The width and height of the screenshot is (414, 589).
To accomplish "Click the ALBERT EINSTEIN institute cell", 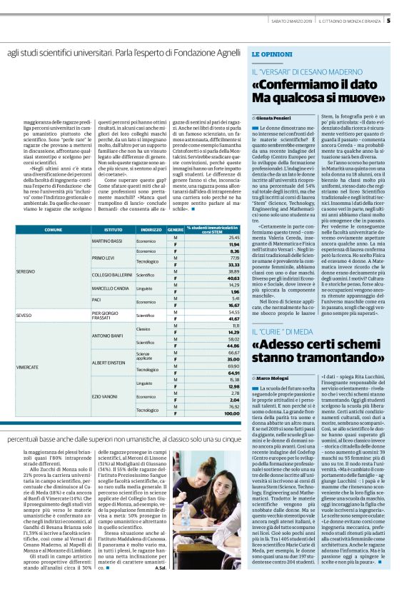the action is [x=109, y=362].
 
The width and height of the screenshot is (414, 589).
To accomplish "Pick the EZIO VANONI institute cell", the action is [x=106, y=396].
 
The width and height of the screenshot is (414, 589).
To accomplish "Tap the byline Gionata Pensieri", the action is [x=275, y=116].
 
